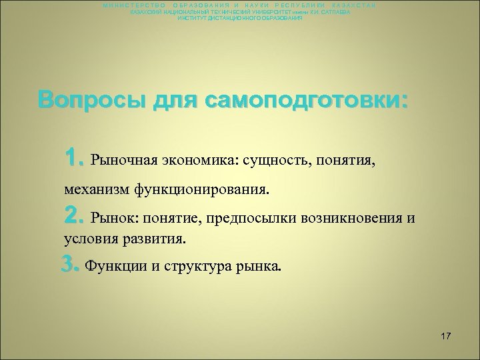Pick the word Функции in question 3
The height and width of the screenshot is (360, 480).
point(115,267)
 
